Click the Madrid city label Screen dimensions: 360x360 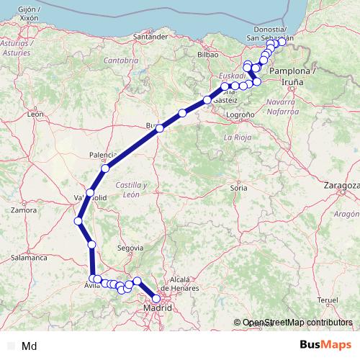pos(158,308)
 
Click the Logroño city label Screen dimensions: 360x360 pos(240,114)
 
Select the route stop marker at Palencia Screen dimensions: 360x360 pos(105,168)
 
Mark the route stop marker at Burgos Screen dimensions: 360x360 pos(160,128)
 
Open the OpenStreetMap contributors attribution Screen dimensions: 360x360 pos(297,323)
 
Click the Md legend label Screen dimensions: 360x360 pos(30,346)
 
